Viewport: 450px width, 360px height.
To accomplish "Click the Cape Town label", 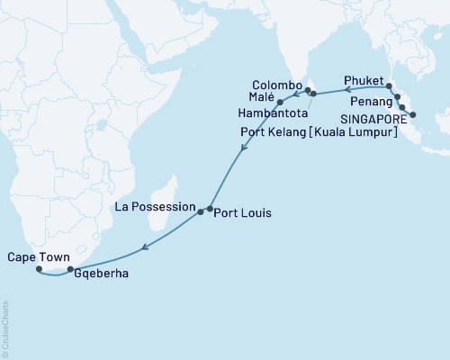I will pyautogui.click(x=36, y=257).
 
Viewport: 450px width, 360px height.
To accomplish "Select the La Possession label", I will pyautogui.click(x=155, y=206).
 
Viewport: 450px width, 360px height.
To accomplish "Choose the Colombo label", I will pyautogui.click(x=276, y=82).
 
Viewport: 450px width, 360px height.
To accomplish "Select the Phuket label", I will pyautogui.click(x=364, y=80).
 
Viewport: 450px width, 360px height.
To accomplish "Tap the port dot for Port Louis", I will pyautogui.click(x=210, y=209).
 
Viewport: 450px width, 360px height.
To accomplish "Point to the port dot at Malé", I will pyautogui.click(x=281, y=102).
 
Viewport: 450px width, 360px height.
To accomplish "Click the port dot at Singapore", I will pyautogui.click(x=412, y=115).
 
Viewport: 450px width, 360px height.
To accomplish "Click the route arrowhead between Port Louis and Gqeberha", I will pyautogui.click(x=146, y=243).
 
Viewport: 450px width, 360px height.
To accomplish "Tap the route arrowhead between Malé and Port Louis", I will pyautogui.click(x=239, y=155).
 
